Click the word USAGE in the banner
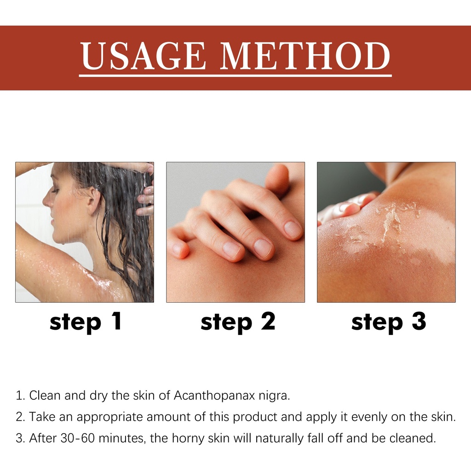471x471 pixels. pyautogui.click(x=143, y=56)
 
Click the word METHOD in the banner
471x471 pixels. pyautogui.click(x=305, y=56)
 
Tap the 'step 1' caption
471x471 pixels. pyautogui.click(x=86, y=322)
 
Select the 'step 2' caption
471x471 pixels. pyautogui.click(x=238, y=322)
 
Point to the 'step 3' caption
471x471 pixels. pyautogui.click(x=388, y=322)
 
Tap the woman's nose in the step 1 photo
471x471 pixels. pyautogui.click(x=46, y=201)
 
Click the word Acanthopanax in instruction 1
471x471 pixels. pyautogui.click(x=215, y=396)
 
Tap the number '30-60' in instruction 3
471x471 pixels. pyautogui.click(x=77, y=438)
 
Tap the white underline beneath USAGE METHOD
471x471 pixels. pyautogui.click(x=235, y=76)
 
